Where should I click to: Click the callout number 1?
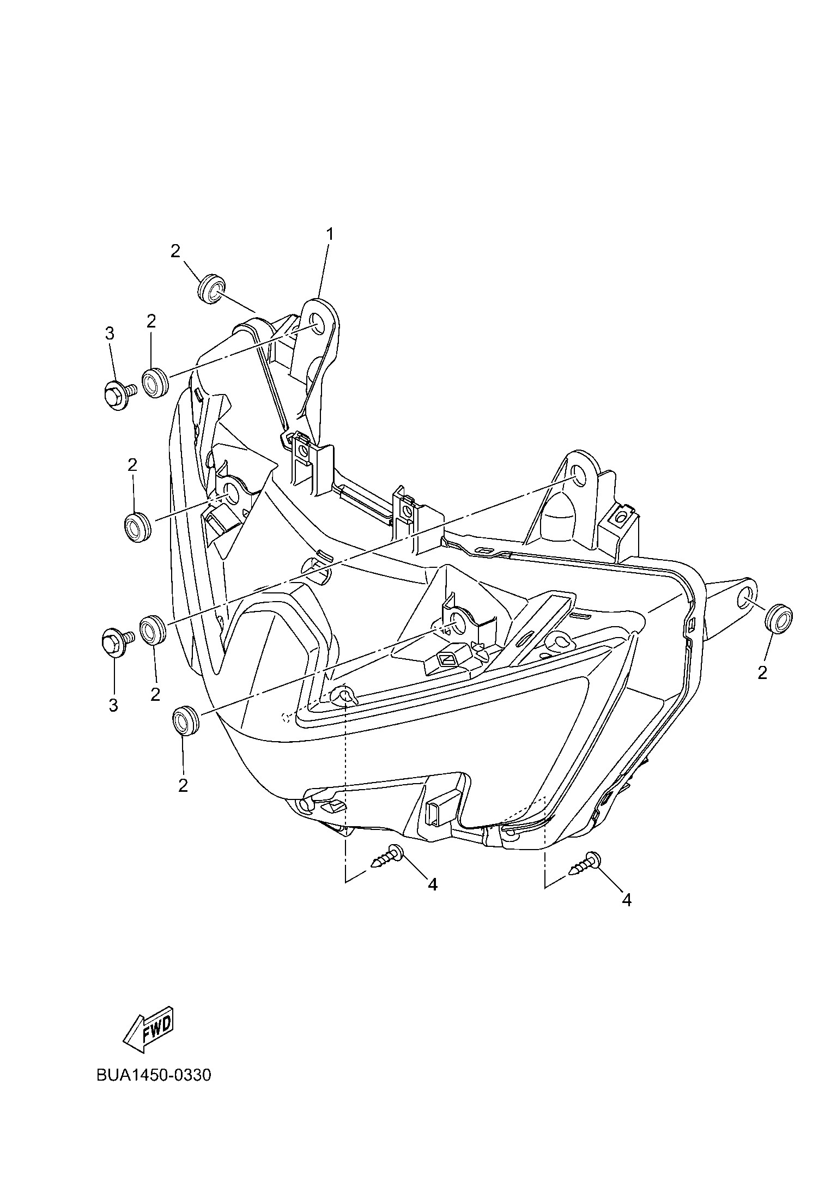[x=329, y=234]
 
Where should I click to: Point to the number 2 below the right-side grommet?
[x=762, y=672]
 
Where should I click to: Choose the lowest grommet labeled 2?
[x=186, y=720]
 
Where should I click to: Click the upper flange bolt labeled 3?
[x=119, y=393]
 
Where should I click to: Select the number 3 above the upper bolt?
[x=110, y=334]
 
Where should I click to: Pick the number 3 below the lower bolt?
[x=113, y=705]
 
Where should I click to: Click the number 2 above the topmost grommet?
[x=175, y=251]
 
